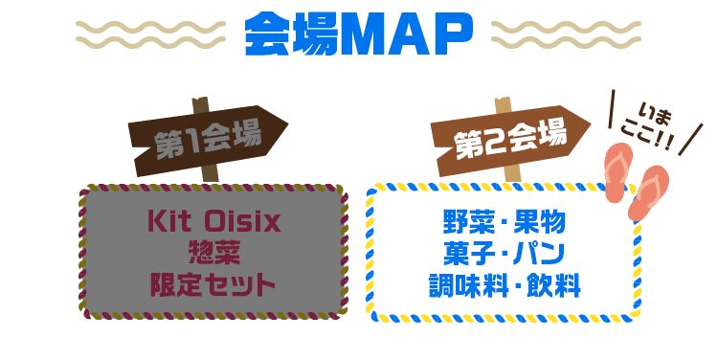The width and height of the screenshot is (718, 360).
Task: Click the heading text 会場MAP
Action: (358, 34)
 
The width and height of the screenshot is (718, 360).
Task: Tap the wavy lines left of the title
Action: (150, 34)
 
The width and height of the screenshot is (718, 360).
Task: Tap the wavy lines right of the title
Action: (566, 34)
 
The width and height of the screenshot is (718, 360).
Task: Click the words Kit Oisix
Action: (213, 221)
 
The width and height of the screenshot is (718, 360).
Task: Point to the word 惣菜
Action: (213, 253)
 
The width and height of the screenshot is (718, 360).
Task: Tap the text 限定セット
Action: (213, 284)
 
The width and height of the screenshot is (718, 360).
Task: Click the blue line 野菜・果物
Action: (505, 222)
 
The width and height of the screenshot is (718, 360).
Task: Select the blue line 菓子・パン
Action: (504, 254)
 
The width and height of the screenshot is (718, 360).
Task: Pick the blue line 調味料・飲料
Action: (505, 285)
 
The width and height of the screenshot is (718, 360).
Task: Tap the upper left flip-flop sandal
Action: (618, 172)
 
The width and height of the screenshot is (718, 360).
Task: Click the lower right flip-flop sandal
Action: (648, 192)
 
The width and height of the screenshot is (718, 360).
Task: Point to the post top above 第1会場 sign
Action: (200, 105)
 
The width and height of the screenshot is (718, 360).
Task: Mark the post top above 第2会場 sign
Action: (503, 105)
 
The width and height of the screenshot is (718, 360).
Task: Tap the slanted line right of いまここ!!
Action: (690, 139)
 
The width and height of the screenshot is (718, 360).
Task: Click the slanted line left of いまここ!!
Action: (611, 109)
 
